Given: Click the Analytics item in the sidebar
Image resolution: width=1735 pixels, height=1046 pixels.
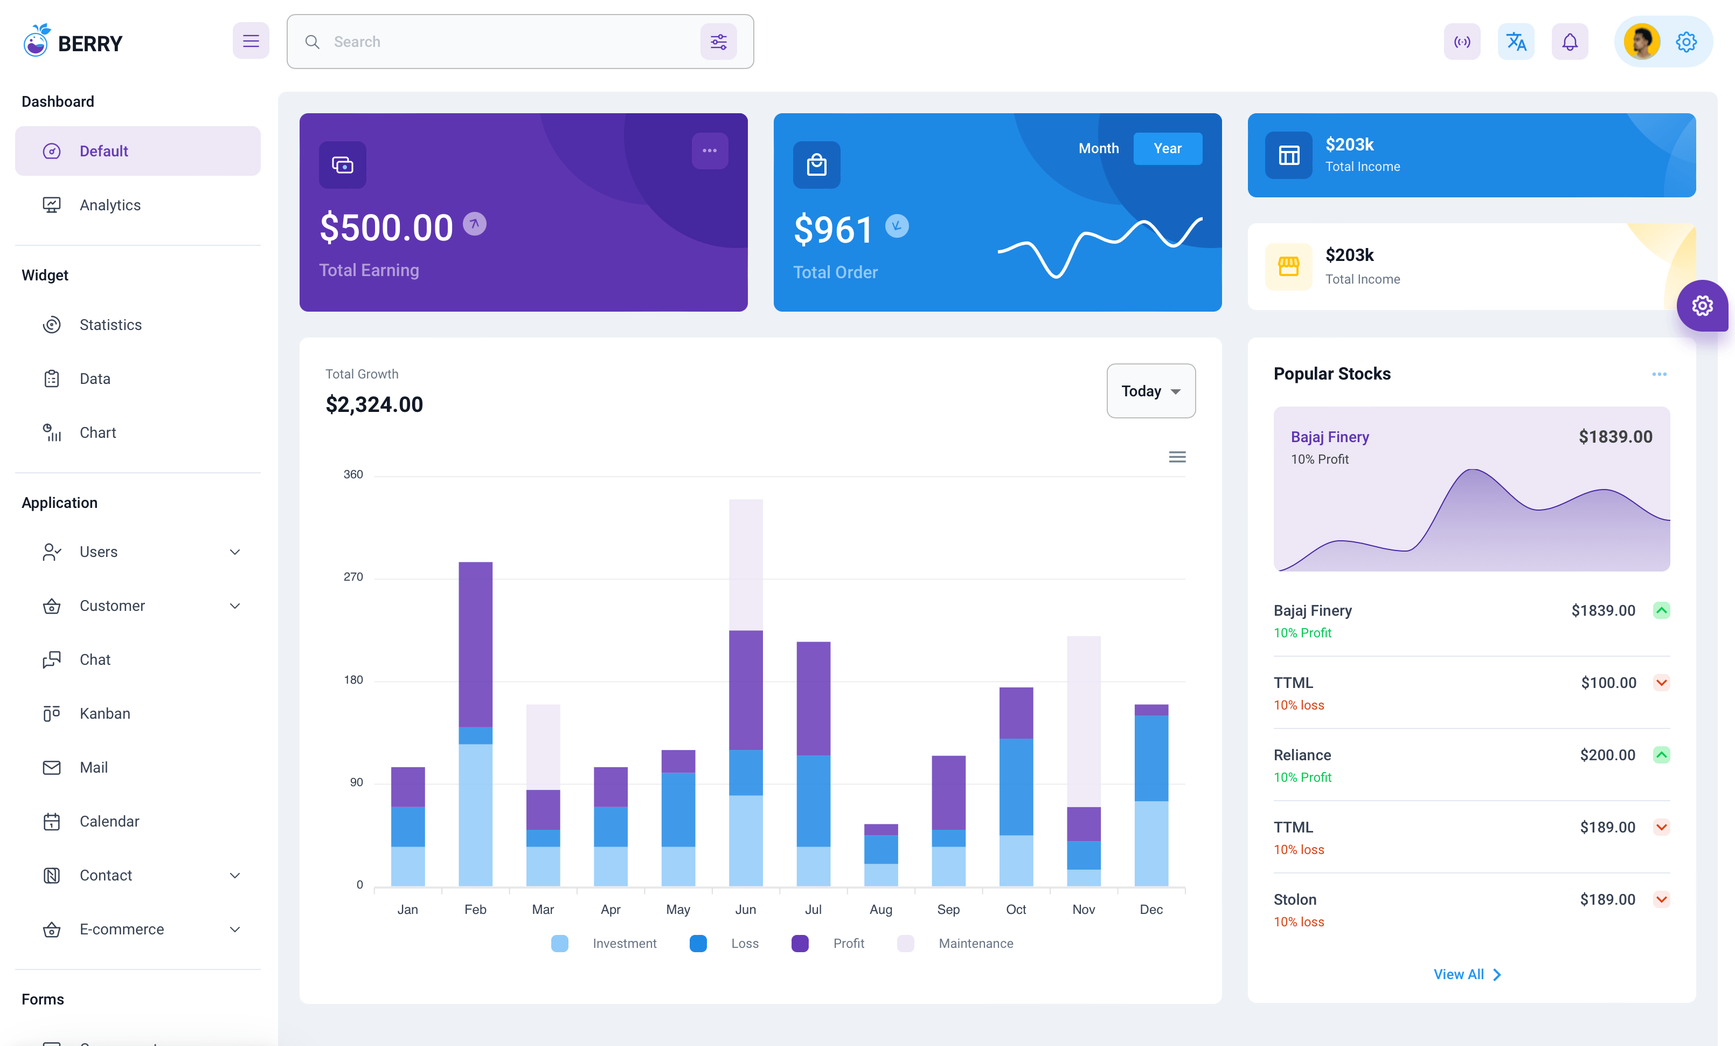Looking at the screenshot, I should tap(110, 205).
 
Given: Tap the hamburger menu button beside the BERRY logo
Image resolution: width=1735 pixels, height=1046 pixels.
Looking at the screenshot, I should tap(251, 41).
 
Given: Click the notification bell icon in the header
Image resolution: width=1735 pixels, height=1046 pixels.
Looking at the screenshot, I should tap(1570, 42).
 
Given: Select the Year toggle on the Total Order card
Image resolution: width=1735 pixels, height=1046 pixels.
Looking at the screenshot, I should tap(1167, 149).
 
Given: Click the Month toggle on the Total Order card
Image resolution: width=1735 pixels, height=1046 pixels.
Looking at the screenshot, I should tap(1098, 149).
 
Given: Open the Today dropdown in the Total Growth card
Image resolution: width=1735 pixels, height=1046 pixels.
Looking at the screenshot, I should tap(1150, 391).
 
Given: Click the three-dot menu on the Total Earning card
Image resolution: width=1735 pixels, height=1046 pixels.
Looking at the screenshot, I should tap(709, 151).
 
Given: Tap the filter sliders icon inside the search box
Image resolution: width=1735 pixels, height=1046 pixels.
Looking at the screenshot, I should tap(718, 42).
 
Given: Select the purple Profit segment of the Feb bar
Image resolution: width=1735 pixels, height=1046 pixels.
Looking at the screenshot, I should tap(475, 644).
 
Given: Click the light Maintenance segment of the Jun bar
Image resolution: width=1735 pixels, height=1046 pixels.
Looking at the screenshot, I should tap(746, 564).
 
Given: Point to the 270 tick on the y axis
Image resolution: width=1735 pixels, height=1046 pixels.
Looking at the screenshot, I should tap(353, 577).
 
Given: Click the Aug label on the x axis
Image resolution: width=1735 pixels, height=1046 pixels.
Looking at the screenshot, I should tap(880, 910).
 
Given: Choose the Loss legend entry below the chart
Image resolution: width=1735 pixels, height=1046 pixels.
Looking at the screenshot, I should tap(744, 943).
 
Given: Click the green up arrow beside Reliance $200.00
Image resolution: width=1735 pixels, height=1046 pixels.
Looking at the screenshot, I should tap(1661, 755).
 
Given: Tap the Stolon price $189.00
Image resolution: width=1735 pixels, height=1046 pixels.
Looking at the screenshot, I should tap(1607, 899).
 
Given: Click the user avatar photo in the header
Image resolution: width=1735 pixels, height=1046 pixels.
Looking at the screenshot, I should tap(1641, 42).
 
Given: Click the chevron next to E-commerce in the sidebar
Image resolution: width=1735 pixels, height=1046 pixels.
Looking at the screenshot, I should tap(235, 929).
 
